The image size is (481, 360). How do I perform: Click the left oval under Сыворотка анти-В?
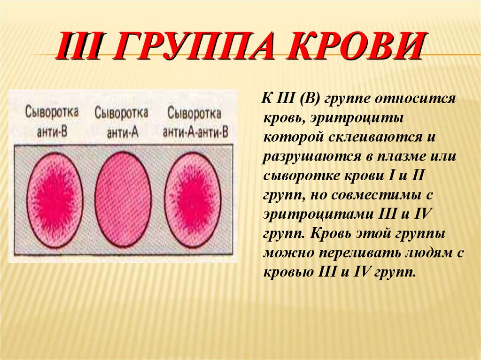pos(54,200)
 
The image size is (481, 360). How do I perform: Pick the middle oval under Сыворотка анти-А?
pos(124,200)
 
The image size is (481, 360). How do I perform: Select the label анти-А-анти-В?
pos(195,132)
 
